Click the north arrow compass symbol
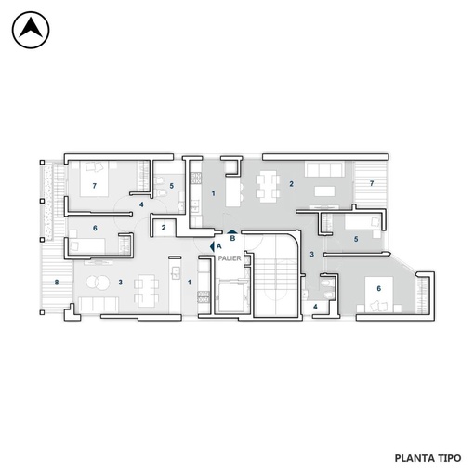[x=31, y=30]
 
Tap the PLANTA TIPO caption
[x=428, y=458]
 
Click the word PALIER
[x=230, y=258]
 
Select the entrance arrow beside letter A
[x=212, y=246]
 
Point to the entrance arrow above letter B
[x=232, y=231]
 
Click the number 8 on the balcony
[x=57, y=283]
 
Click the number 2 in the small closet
[x=164, y=228]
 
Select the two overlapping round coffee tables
[x=98, y=283]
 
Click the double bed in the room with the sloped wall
[x=379, y=295]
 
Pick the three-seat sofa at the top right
[x=324, y=169]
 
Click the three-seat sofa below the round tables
[x=99, y=305]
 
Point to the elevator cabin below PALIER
[x=231, y=296]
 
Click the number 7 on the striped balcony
[x=372, y=183]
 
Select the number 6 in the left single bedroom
[x=95, y=228]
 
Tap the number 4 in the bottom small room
[x=315, y=307]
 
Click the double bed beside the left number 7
[x=94, y=178]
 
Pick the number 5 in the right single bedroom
[x=356, y=239]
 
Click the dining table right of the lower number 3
[x=147, y=290]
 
